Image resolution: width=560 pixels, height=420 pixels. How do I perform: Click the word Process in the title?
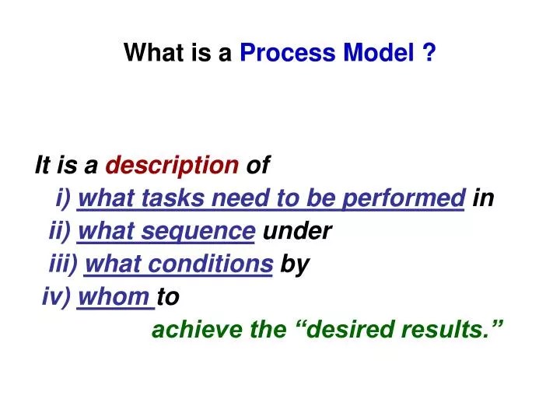[276, 53]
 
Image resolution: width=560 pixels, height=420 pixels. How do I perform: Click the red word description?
[172, 165]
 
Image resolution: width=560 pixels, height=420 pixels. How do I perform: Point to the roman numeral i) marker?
[64, 198]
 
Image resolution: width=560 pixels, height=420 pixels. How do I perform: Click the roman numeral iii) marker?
[64, 264]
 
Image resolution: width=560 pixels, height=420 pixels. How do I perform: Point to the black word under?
[298, 231]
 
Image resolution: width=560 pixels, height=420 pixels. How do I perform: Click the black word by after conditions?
[295, 264]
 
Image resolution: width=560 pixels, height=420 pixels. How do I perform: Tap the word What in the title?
[149, 53]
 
